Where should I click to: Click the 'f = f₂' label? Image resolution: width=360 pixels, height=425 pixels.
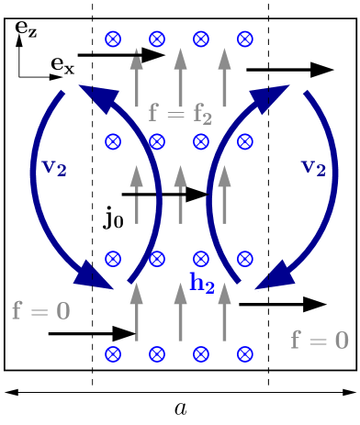click(x=180, y=114)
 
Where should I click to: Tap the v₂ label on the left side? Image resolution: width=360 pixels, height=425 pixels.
click(x=55, y=168)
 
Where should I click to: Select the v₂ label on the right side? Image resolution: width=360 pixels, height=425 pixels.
click(x=314, y=168)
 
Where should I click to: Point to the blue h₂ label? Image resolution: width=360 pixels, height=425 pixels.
click(x=202, y=284)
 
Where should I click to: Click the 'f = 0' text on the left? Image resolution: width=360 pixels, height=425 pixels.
click(x=40, y=311)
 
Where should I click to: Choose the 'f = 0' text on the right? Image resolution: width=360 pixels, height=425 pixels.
click(x=320, y=341)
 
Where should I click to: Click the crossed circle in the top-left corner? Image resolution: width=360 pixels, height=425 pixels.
click(x=113, y=39)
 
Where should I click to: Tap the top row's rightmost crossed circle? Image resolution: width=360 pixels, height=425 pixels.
click(x=244, y=39)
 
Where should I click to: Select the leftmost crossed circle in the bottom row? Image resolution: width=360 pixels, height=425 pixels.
click(x=113, y=354)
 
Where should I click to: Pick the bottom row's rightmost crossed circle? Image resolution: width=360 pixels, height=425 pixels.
click(x=244, y=354)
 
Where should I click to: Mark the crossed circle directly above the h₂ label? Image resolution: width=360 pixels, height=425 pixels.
click(x=201, y=259)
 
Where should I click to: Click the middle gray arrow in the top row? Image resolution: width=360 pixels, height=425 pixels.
click(x=180, y=77)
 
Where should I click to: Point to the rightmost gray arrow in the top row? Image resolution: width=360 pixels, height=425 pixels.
click(x=224, y=77)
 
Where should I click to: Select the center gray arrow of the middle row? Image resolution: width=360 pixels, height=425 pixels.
click(x=180, y=195)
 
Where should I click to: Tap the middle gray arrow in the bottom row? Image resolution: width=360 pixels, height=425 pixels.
click(x=180, y=312)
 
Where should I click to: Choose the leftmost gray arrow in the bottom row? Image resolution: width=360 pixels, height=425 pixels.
click(x=137, y=312)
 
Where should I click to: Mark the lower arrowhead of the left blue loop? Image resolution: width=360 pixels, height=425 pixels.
click(x=97, y=276)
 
